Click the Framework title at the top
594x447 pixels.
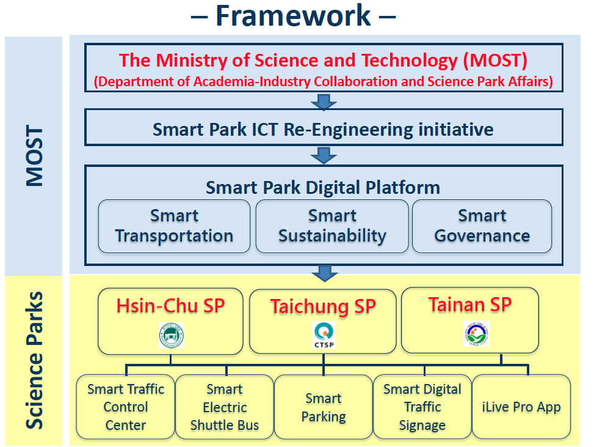coord(293,16)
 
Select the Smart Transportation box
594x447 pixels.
coord(174,226)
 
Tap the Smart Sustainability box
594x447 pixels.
coord(332,226)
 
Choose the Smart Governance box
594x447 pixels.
coord(482,226)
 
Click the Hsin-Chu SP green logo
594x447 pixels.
coord(172,336)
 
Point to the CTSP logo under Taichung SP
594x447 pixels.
coord(324,334)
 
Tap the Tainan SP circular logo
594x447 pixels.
coord(477,333)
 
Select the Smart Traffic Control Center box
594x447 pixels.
coord(125,407)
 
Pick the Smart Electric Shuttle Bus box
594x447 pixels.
coord(225,407)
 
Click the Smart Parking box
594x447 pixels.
coord(324,407)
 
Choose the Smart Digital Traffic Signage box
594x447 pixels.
coord(422,407)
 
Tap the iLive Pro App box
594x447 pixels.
coord(521,407)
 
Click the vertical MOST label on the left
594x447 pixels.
coord(34,156)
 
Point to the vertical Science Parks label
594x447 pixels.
coord(34,360)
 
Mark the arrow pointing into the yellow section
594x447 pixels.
coord(325,273)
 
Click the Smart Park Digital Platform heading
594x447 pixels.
coord(323,188)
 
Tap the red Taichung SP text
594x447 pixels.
coord(323,306)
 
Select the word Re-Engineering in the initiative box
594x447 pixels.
coord(349,130)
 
